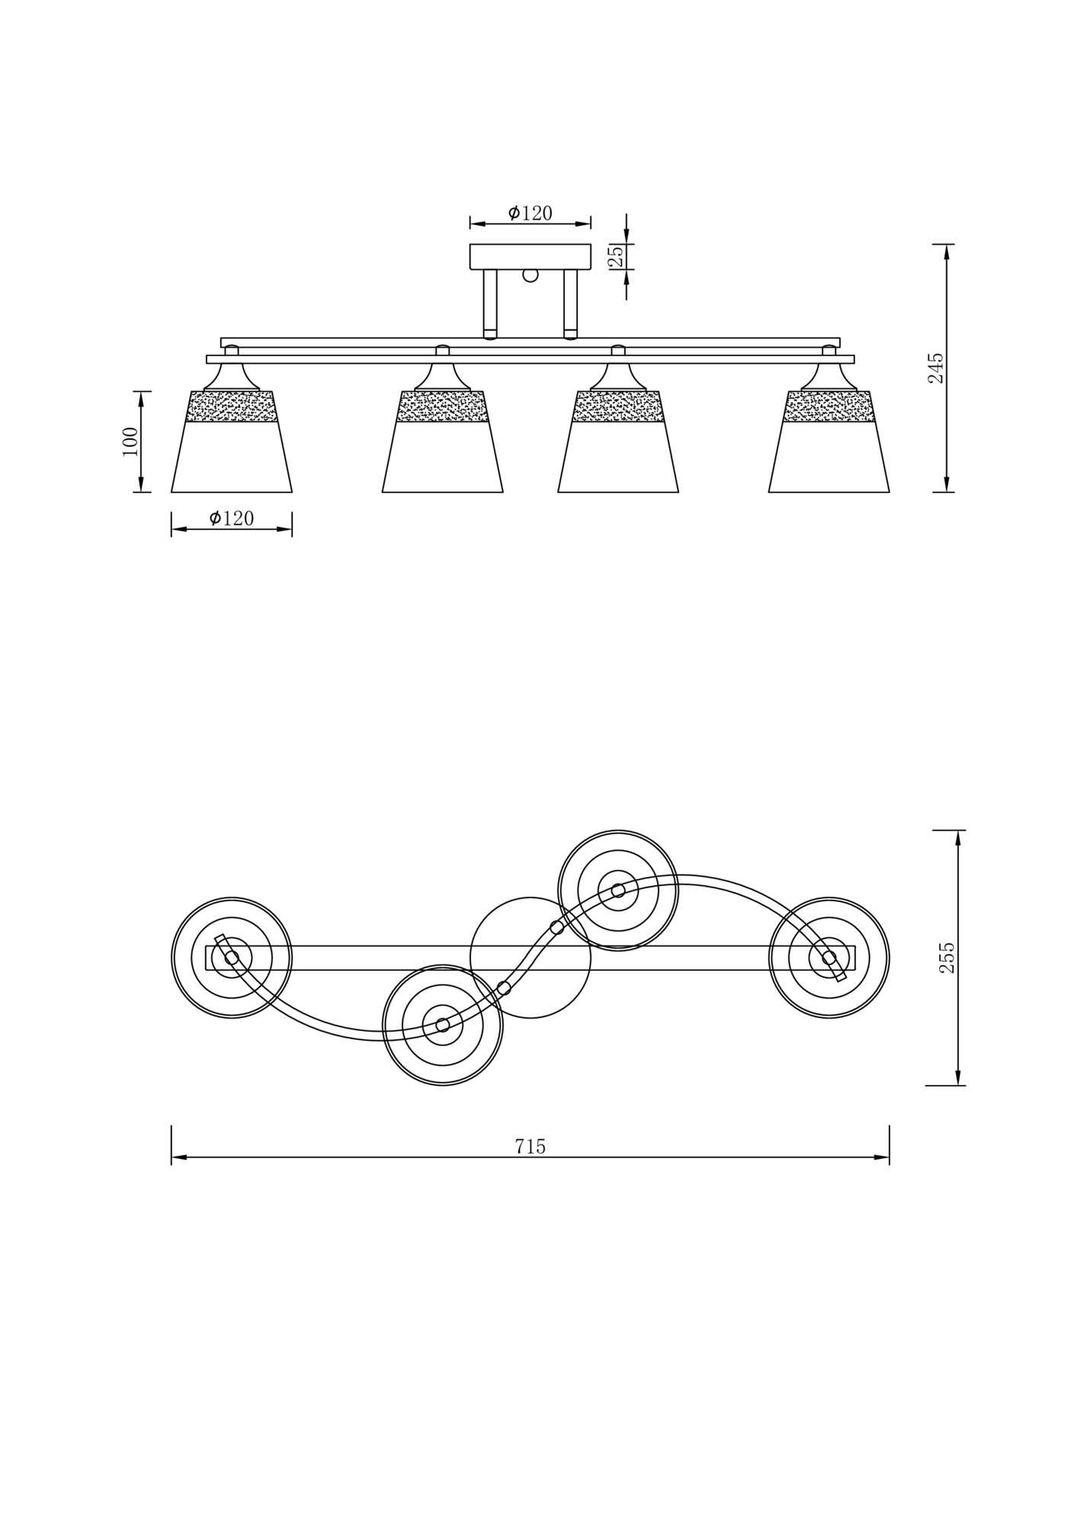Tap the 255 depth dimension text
[946, 958]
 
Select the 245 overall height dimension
[935, 368]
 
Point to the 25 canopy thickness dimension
[617, 255]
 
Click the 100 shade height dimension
[130, 441]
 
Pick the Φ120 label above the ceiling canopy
[530, 213]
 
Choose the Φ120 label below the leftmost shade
[232, 518]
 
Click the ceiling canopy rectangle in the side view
[530, 256]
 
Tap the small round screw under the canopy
[530, 275]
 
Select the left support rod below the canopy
[490, 303]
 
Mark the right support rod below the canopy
[570, 303]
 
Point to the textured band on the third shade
[618, 406]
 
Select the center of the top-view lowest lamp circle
[443, 1025]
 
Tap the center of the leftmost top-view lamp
[232, 958]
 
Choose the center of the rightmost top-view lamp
[829, 958]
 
